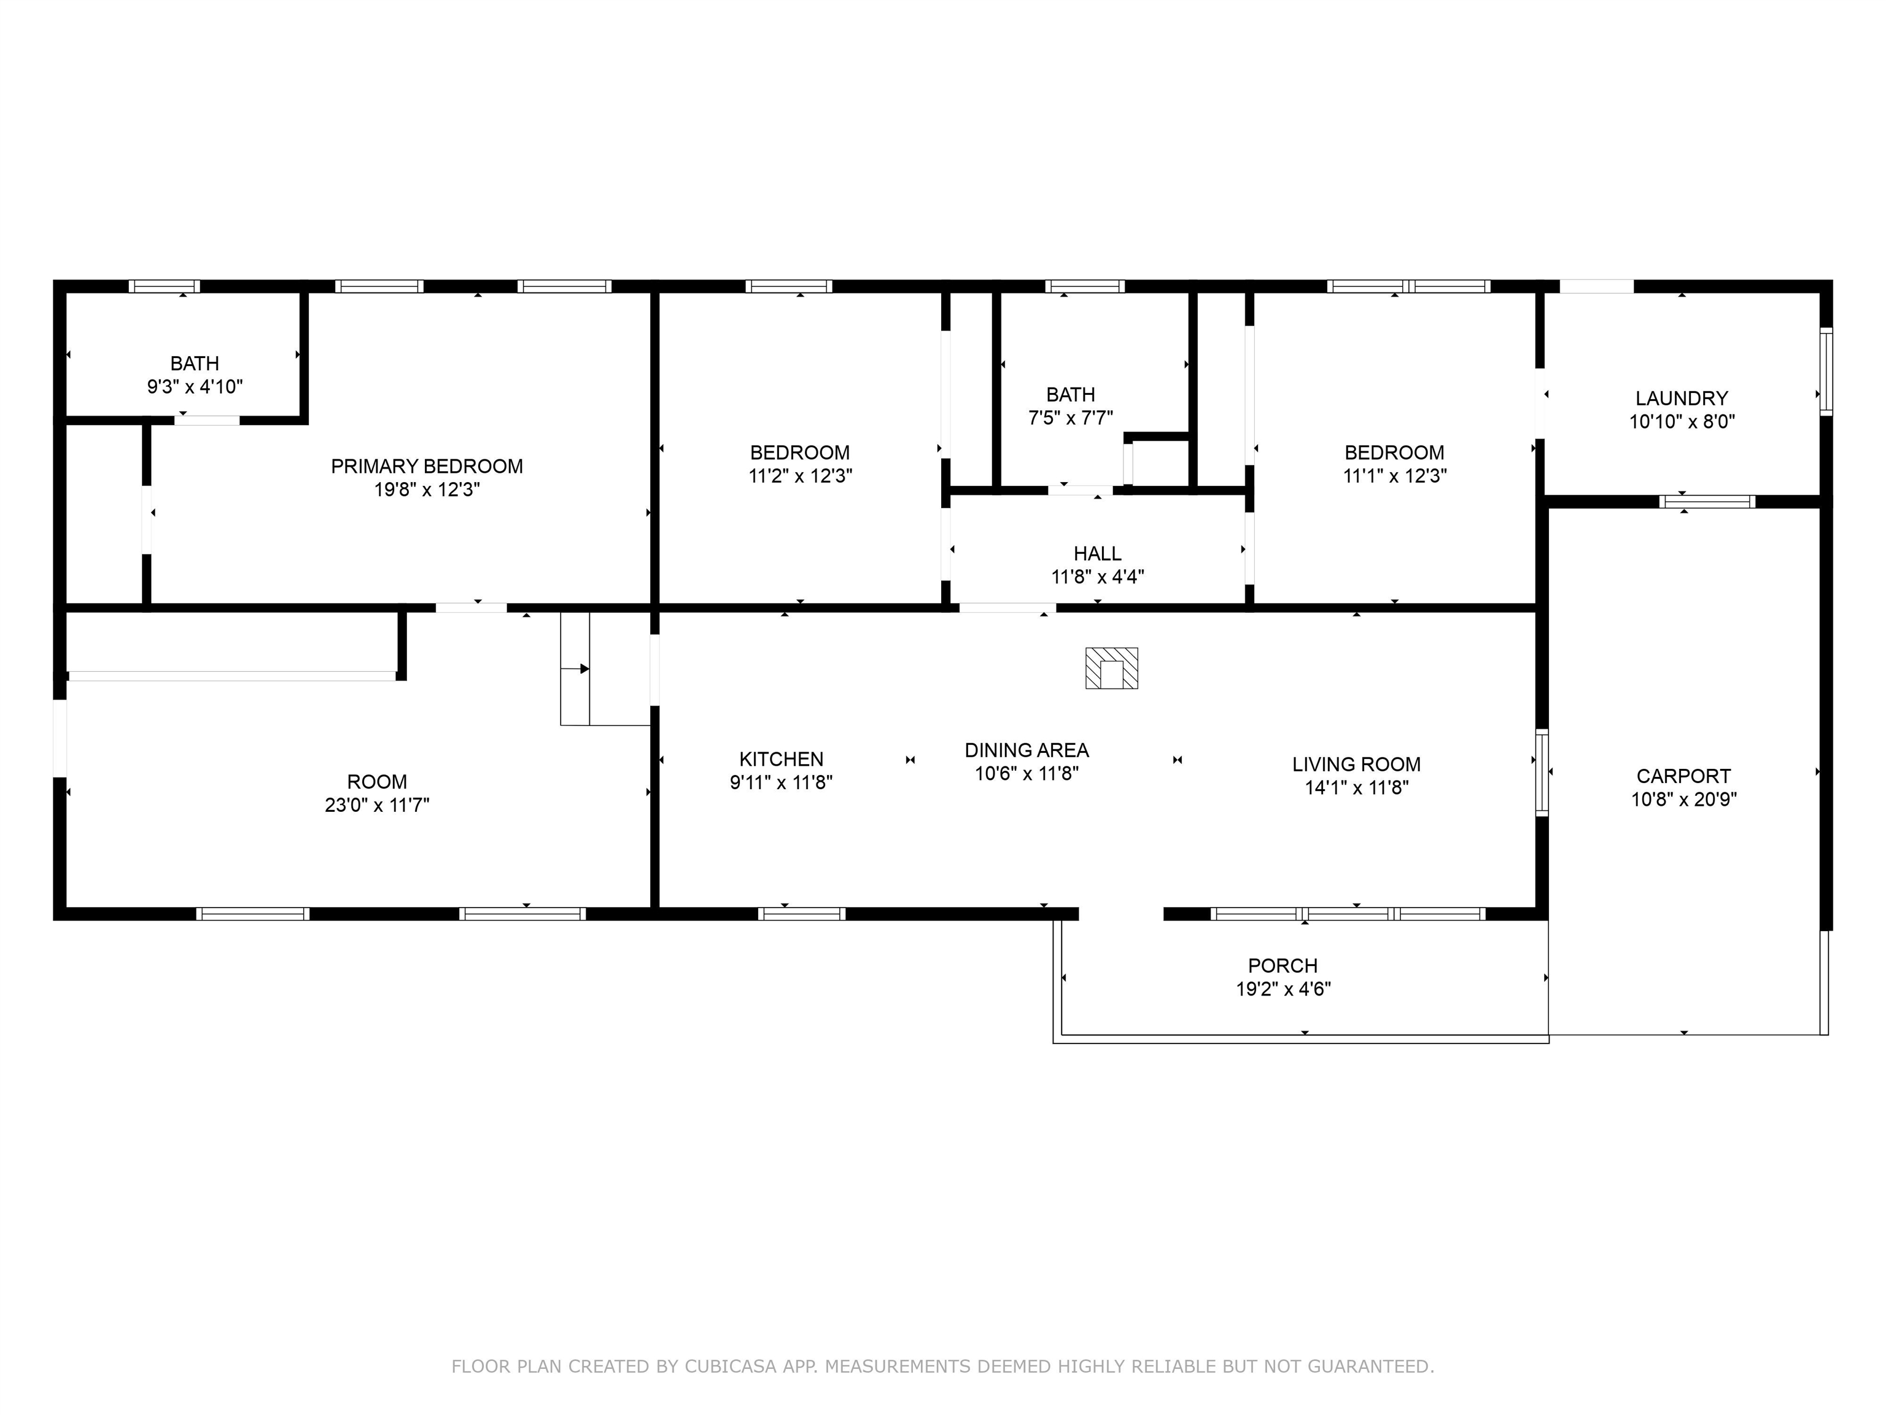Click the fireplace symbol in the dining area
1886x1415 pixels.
pos(1111,668)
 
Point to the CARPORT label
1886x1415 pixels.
pos(1683,776)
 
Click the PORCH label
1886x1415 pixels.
pos(1283,965)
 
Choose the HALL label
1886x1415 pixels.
pos(1097,553)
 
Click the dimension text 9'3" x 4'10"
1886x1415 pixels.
pos(195,386)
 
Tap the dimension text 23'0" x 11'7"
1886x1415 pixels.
pos(377,805)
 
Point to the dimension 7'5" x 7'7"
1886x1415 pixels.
pos(1070,417)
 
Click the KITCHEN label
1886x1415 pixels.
pos(781,759)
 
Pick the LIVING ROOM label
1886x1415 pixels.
pos(1356,764)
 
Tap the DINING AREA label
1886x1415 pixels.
pos(1026,750)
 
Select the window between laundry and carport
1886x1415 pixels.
pos(1707,502)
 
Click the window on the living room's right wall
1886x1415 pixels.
pos(1542,772)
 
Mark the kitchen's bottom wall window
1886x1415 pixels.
pos(801,913)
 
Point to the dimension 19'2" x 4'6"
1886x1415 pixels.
pos(1283,989)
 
